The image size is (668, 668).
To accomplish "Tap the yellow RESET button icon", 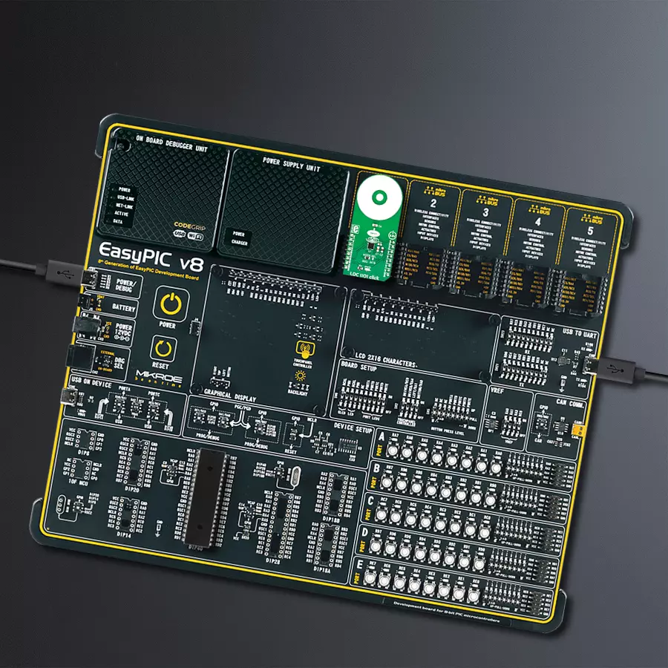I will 162,347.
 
